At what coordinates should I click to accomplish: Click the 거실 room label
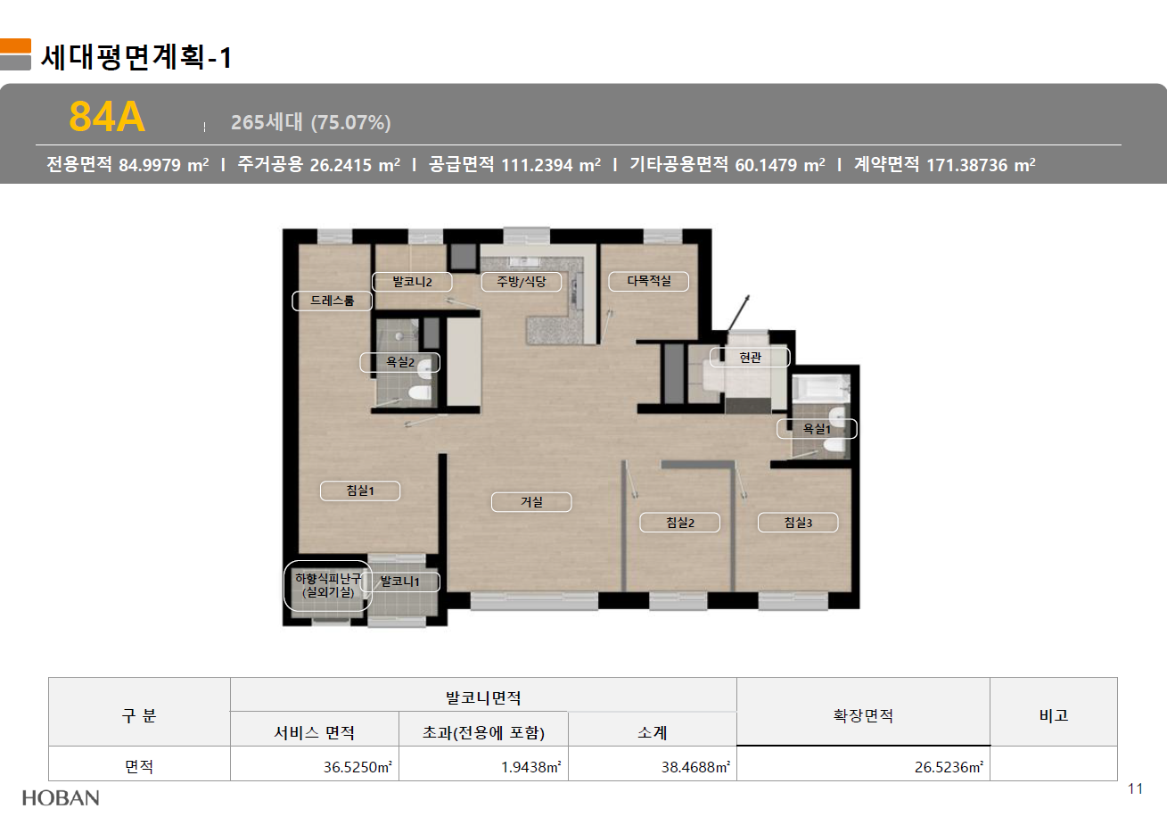tap(531, 502)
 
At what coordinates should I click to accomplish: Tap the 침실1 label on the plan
tap(360, 491)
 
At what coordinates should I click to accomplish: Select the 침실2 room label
tap(680, 523)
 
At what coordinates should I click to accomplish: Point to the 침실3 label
tap(798, 523)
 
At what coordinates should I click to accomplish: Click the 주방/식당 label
tap(521, 282)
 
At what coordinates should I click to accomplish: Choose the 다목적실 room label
tap(649, 282)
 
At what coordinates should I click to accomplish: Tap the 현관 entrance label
tap(751, 358)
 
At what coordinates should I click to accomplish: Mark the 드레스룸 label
tap(333, 301)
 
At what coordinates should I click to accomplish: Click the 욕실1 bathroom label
tap(817, 429)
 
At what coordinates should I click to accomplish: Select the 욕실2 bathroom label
tap(400, 362)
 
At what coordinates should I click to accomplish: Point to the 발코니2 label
tap(412, 282)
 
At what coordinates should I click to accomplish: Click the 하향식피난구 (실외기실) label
tap(328, 585)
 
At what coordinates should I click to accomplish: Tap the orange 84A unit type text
tap(107, 117)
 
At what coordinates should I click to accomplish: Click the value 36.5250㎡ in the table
tap(357, 767)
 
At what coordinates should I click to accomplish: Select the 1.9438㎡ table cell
tap(530, 767)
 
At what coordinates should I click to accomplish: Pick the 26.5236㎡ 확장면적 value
tap(949, 767)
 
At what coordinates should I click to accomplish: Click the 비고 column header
tap(1054, 715)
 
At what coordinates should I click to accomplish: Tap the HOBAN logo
tap(61, 798)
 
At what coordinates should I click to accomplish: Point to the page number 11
tap(1135, 789)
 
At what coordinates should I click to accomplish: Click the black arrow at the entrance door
tap(739, 313)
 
